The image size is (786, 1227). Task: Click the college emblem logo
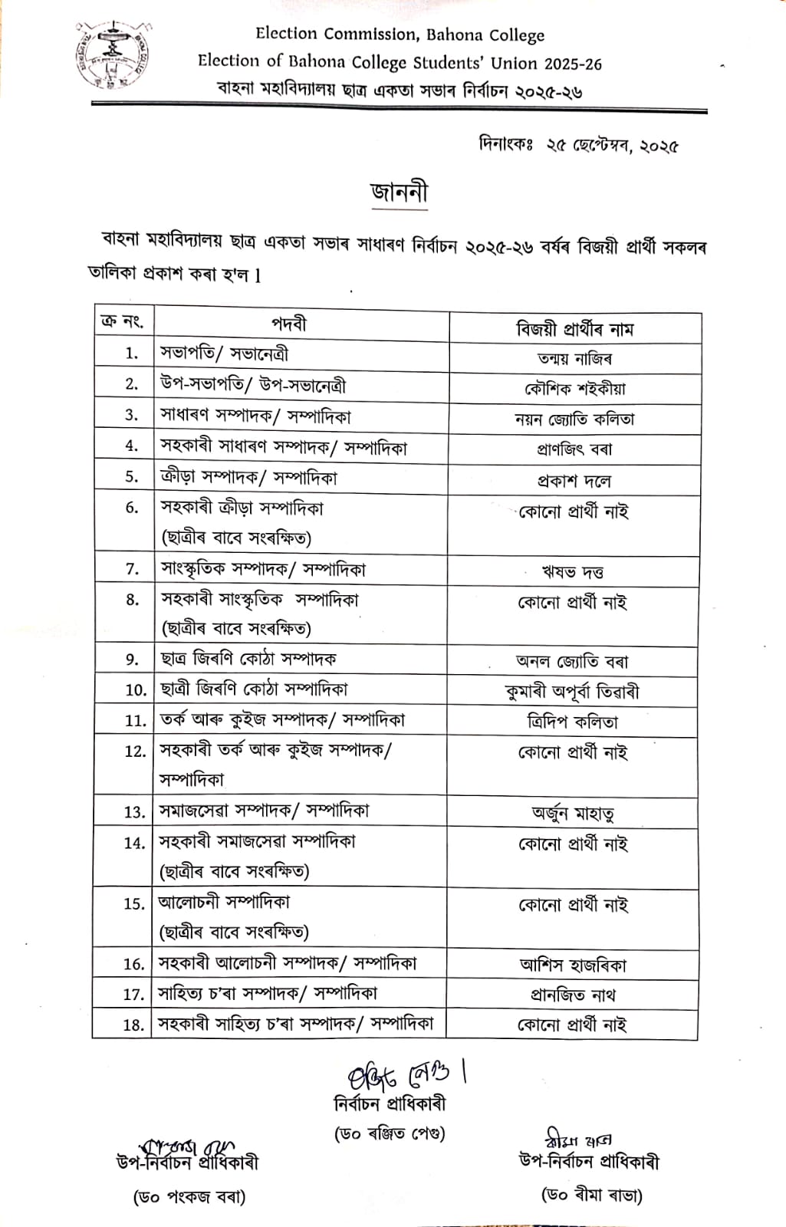pos(112,56)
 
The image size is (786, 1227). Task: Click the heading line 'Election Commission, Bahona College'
pos(400,35)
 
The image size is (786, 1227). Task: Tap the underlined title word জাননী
pos(399,192)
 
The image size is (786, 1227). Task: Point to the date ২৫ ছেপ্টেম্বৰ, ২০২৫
pos(612,145)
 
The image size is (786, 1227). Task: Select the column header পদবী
pos(289,324)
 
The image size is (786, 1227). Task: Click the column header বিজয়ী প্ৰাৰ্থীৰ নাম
pos(575,329)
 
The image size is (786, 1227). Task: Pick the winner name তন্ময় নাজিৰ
pos(575,358)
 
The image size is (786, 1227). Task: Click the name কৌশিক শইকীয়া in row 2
pos(575,389)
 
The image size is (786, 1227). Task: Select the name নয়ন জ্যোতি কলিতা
pos(575,419)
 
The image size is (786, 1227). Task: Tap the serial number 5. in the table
pos(132,476)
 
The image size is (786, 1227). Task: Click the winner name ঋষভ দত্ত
pos(573,572)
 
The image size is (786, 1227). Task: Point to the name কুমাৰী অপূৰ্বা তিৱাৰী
pos(572,692)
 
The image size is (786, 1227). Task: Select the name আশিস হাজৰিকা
pos(573,965)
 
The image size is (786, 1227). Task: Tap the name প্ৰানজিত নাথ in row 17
pos(573,995)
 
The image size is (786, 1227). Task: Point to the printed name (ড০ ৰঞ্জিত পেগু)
pos(390,1133)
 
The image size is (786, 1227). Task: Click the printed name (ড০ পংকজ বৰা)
pos(189,1196)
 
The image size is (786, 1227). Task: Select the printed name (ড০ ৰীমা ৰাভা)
pos(592,1194)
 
